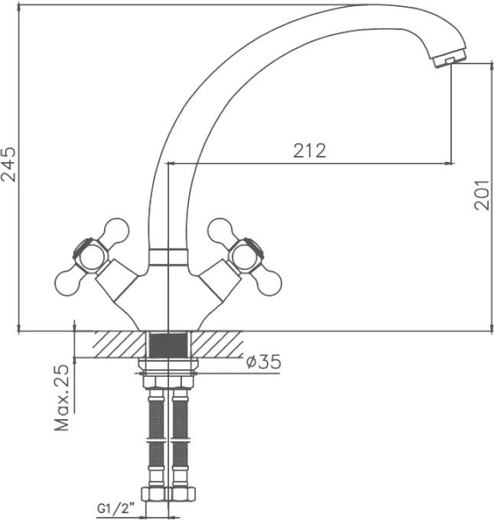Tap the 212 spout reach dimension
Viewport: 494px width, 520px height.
click(x=310, y=151)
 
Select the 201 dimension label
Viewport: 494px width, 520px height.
click(x=482, y=195)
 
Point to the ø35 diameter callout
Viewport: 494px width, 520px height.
click(x=264, y=362)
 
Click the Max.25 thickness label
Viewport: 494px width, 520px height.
click(x=62, y=398)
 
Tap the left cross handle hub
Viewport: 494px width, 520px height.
click(x=89, y=255)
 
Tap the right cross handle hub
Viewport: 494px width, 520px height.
click(x=247, y=255)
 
